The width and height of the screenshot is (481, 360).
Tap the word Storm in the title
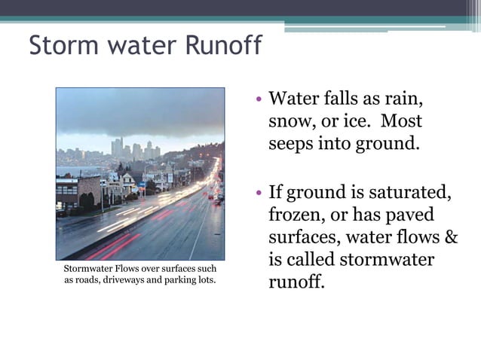point(60,46)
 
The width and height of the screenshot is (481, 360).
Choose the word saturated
point(407,194)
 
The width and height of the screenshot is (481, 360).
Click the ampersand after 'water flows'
point(451,238)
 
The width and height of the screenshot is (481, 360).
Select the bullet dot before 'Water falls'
point(258,99)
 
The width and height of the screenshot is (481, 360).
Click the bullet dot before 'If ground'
point(258,194)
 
